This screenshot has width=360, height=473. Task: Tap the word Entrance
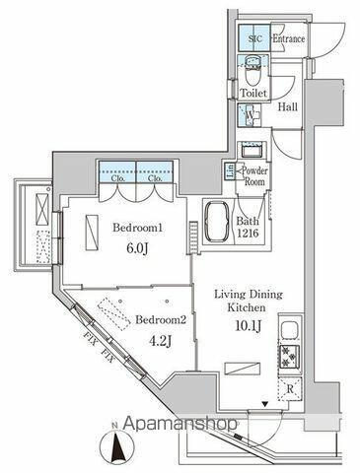[x=287, y=38]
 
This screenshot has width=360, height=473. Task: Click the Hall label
[x=288, y=109]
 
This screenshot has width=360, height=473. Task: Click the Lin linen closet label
[x=230, y=171]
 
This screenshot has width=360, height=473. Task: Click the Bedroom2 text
[x=161, y=320]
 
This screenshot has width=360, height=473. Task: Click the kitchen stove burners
[x=290, y=357]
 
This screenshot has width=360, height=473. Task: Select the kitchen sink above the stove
[x=290, y=328]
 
